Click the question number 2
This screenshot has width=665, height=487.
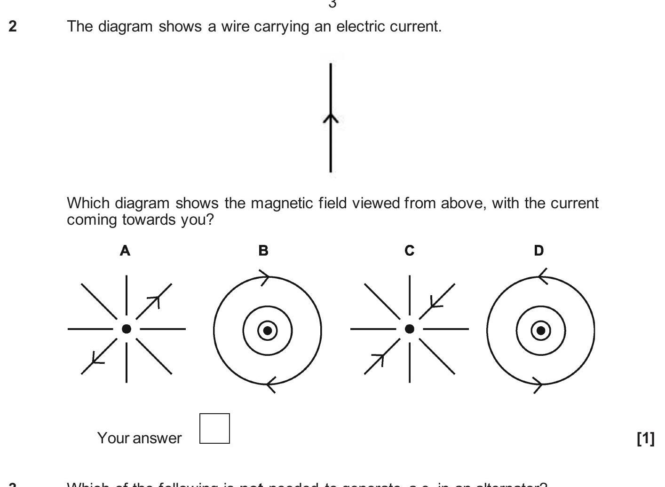(13, 26)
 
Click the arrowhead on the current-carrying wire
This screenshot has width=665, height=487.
(331, 118)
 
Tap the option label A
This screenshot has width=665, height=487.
(125, 251)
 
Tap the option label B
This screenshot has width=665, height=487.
(263, 251)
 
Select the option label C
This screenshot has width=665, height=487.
(410, 251)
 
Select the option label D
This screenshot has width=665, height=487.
(539, 251)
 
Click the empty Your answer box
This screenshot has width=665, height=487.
(214, 428)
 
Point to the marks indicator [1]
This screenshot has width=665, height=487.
(645, 438)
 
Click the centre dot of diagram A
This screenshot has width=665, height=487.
(126, 329)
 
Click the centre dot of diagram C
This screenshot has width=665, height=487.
(410, 329)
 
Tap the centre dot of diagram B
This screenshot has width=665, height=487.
(268, 330)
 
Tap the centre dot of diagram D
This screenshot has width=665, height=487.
(541, 330)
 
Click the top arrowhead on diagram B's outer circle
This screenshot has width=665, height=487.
(265, 277)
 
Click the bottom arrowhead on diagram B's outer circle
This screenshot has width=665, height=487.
(270, 385)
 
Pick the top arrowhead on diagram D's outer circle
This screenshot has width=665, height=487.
(542, 276)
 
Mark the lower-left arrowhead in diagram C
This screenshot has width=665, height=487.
(379, 360)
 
